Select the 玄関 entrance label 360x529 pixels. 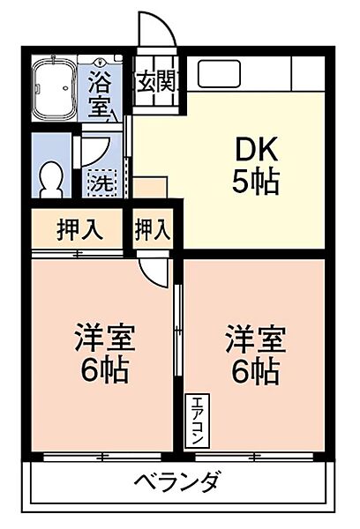tap(156, 85)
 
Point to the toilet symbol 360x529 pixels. tap(52, 176)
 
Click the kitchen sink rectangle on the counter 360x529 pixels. tap(214, 74)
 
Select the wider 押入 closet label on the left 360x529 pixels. tap(79, 231)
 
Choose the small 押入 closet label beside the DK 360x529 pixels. tap(152, 230)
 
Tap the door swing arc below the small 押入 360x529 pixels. tap(153, 270)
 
